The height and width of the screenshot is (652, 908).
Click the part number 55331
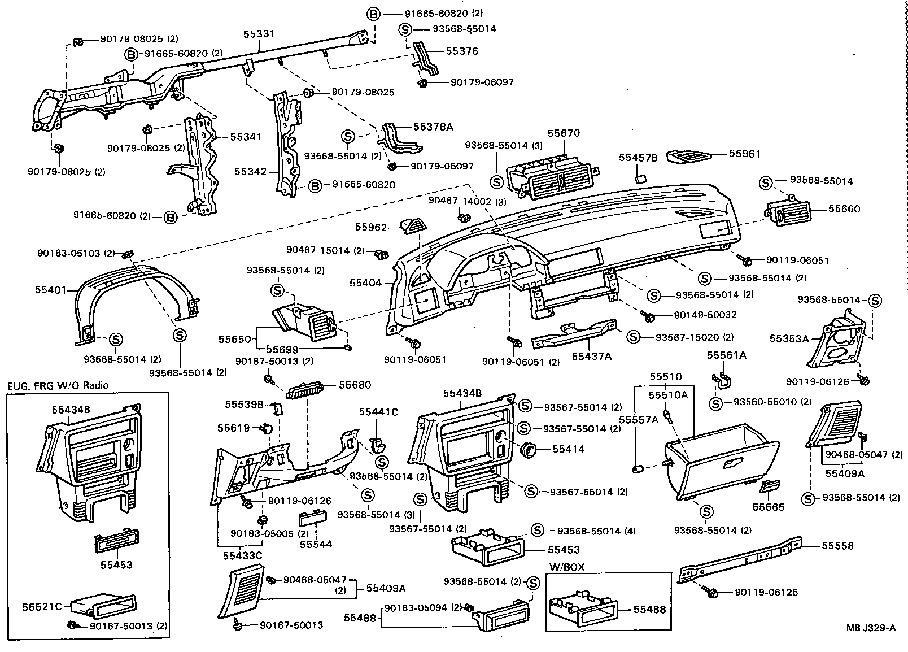[x=259, y=34]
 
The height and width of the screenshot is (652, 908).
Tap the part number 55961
[x=744, y=153]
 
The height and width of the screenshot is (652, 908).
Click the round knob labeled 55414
[x=530, y=449]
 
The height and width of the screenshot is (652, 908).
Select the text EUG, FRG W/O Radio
[x=58, y=385]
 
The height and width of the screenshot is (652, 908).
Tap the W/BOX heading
[x=567, y=567]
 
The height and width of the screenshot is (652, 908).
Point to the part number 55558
[x=837, y=546]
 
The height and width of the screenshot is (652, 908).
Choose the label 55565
[x=768, y=507]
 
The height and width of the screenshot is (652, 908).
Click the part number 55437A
[x=591, y=356]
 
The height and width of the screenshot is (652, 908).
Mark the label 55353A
[x=789, y=338]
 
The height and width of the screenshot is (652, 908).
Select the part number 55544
[x=316, y=544]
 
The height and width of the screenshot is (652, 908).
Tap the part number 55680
[x=355, y=385]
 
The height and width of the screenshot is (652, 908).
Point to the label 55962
[x=371, y=227]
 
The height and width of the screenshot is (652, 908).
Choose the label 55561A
[x=727, y=355]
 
